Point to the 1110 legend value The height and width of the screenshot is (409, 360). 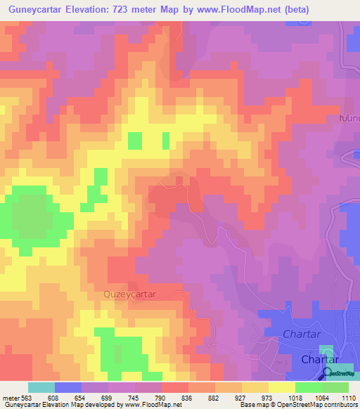(349, 397)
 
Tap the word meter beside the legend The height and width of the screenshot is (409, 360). (10, 397)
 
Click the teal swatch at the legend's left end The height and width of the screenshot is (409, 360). (41, 387)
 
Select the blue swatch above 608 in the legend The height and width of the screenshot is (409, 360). (68, 387)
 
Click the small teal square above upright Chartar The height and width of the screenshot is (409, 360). (327, 351)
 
